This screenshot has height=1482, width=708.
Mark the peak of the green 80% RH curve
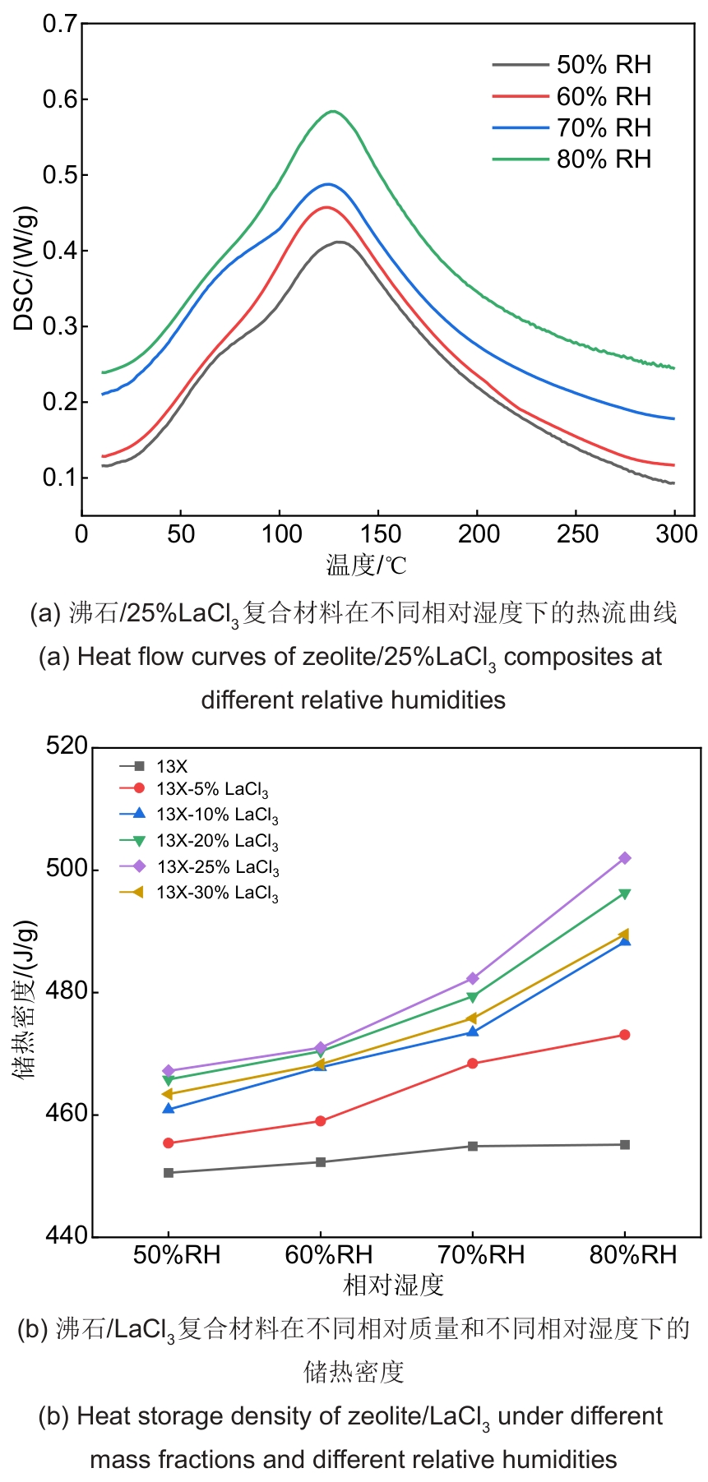[x=333, y=111]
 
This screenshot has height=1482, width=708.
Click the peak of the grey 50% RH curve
[x=338, y=242]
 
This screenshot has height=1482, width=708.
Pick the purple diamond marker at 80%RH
[x=625, y=858]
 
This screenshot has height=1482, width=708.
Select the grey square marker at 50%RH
[x=169, y=1173]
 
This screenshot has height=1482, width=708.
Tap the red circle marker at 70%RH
[x=473, y=1064]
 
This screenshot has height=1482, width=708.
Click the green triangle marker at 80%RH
[x=625, y=894]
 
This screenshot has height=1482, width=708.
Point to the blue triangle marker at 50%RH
[x=169, y=1109]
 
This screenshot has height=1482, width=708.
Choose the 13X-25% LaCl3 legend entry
[x=217, y=867]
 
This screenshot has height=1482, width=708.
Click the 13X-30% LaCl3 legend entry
[x=217, y=893]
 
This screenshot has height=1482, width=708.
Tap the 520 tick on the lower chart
[x=67, y=746]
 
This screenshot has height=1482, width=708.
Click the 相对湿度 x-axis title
[x=393, y=1285]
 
